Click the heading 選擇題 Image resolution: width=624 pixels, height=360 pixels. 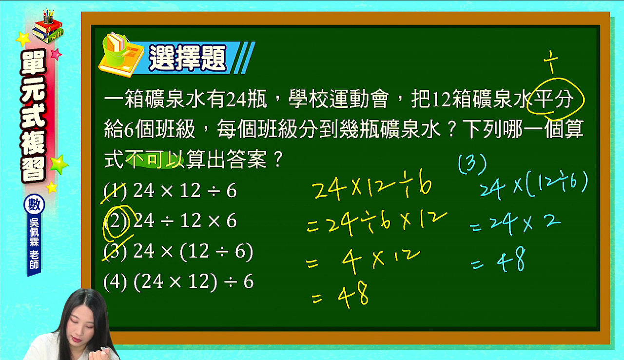[188, 58]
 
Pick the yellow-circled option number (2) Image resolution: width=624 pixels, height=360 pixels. [116, 221]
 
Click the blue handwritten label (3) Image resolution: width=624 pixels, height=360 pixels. [472, 164]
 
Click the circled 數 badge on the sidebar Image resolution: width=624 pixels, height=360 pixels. [34, 204]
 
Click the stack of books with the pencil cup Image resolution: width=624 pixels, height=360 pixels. [48, 27]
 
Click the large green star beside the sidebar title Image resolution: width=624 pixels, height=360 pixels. [59, 164]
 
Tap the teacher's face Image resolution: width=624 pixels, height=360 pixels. [81, 328]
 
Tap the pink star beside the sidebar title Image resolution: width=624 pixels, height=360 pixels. [56, 54]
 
